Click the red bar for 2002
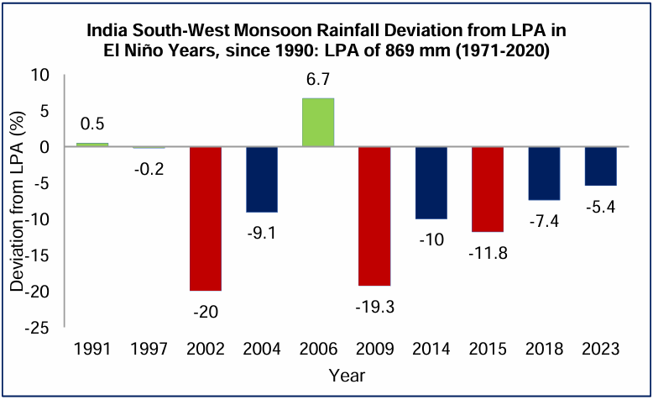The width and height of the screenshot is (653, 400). (206, 218)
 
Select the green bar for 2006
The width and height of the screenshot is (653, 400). (318, 123)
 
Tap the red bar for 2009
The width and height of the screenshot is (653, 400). (374, 216)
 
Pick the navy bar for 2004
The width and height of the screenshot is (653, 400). (262, 180)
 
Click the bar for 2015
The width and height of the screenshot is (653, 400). (487, 189)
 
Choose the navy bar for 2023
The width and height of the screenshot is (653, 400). (600, 166)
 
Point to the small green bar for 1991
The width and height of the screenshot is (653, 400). (93, 145)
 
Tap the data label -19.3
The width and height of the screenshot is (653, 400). (374, 307)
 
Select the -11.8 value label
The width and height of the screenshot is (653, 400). (487, 253)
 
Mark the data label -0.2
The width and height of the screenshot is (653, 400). (149, 167)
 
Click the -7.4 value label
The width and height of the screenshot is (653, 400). (543, 221)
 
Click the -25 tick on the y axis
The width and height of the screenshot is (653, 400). (39, 328)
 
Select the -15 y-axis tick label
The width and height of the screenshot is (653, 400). (39, 255)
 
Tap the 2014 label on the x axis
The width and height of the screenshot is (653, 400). (431, 349)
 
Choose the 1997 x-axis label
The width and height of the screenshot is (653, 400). (149, 349)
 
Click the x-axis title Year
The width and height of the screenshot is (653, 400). (346, 375)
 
